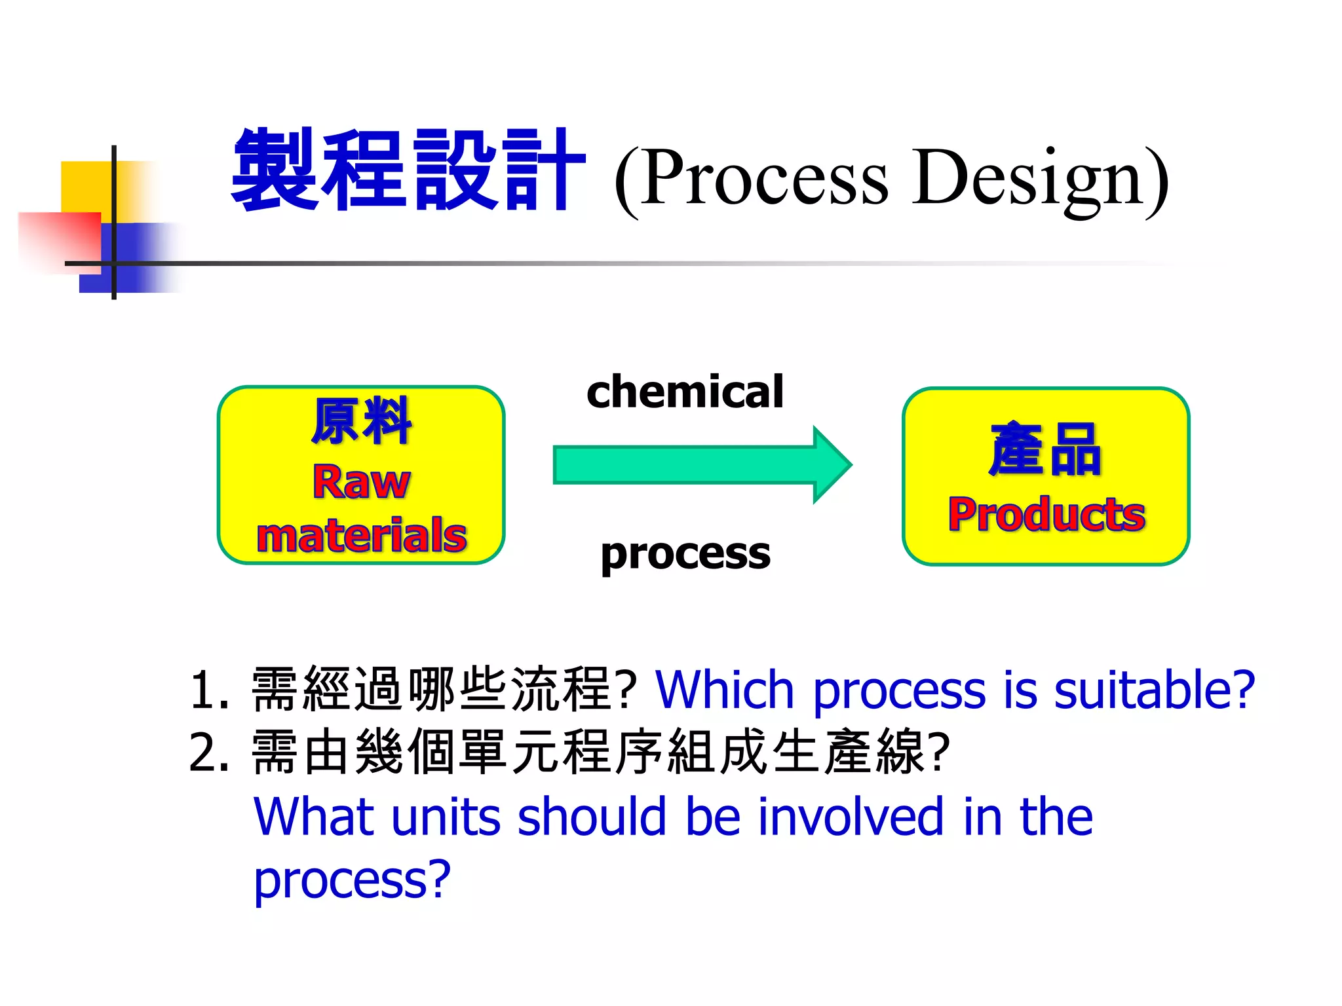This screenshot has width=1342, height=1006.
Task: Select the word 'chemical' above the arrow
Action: point(685,392)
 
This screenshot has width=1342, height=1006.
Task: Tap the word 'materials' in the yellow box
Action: point(361,535)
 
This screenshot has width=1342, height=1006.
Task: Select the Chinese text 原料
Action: point(361,422)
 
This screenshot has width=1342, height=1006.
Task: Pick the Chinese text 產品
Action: point(1046,449)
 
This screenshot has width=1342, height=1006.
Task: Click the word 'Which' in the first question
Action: point(725,690)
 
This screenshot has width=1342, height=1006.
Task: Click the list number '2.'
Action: point(209,753)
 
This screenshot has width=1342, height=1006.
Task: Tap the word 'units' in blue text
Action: point(446,817)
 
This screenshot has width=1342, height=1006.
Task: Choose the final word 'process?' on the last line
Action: point(352,879)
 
